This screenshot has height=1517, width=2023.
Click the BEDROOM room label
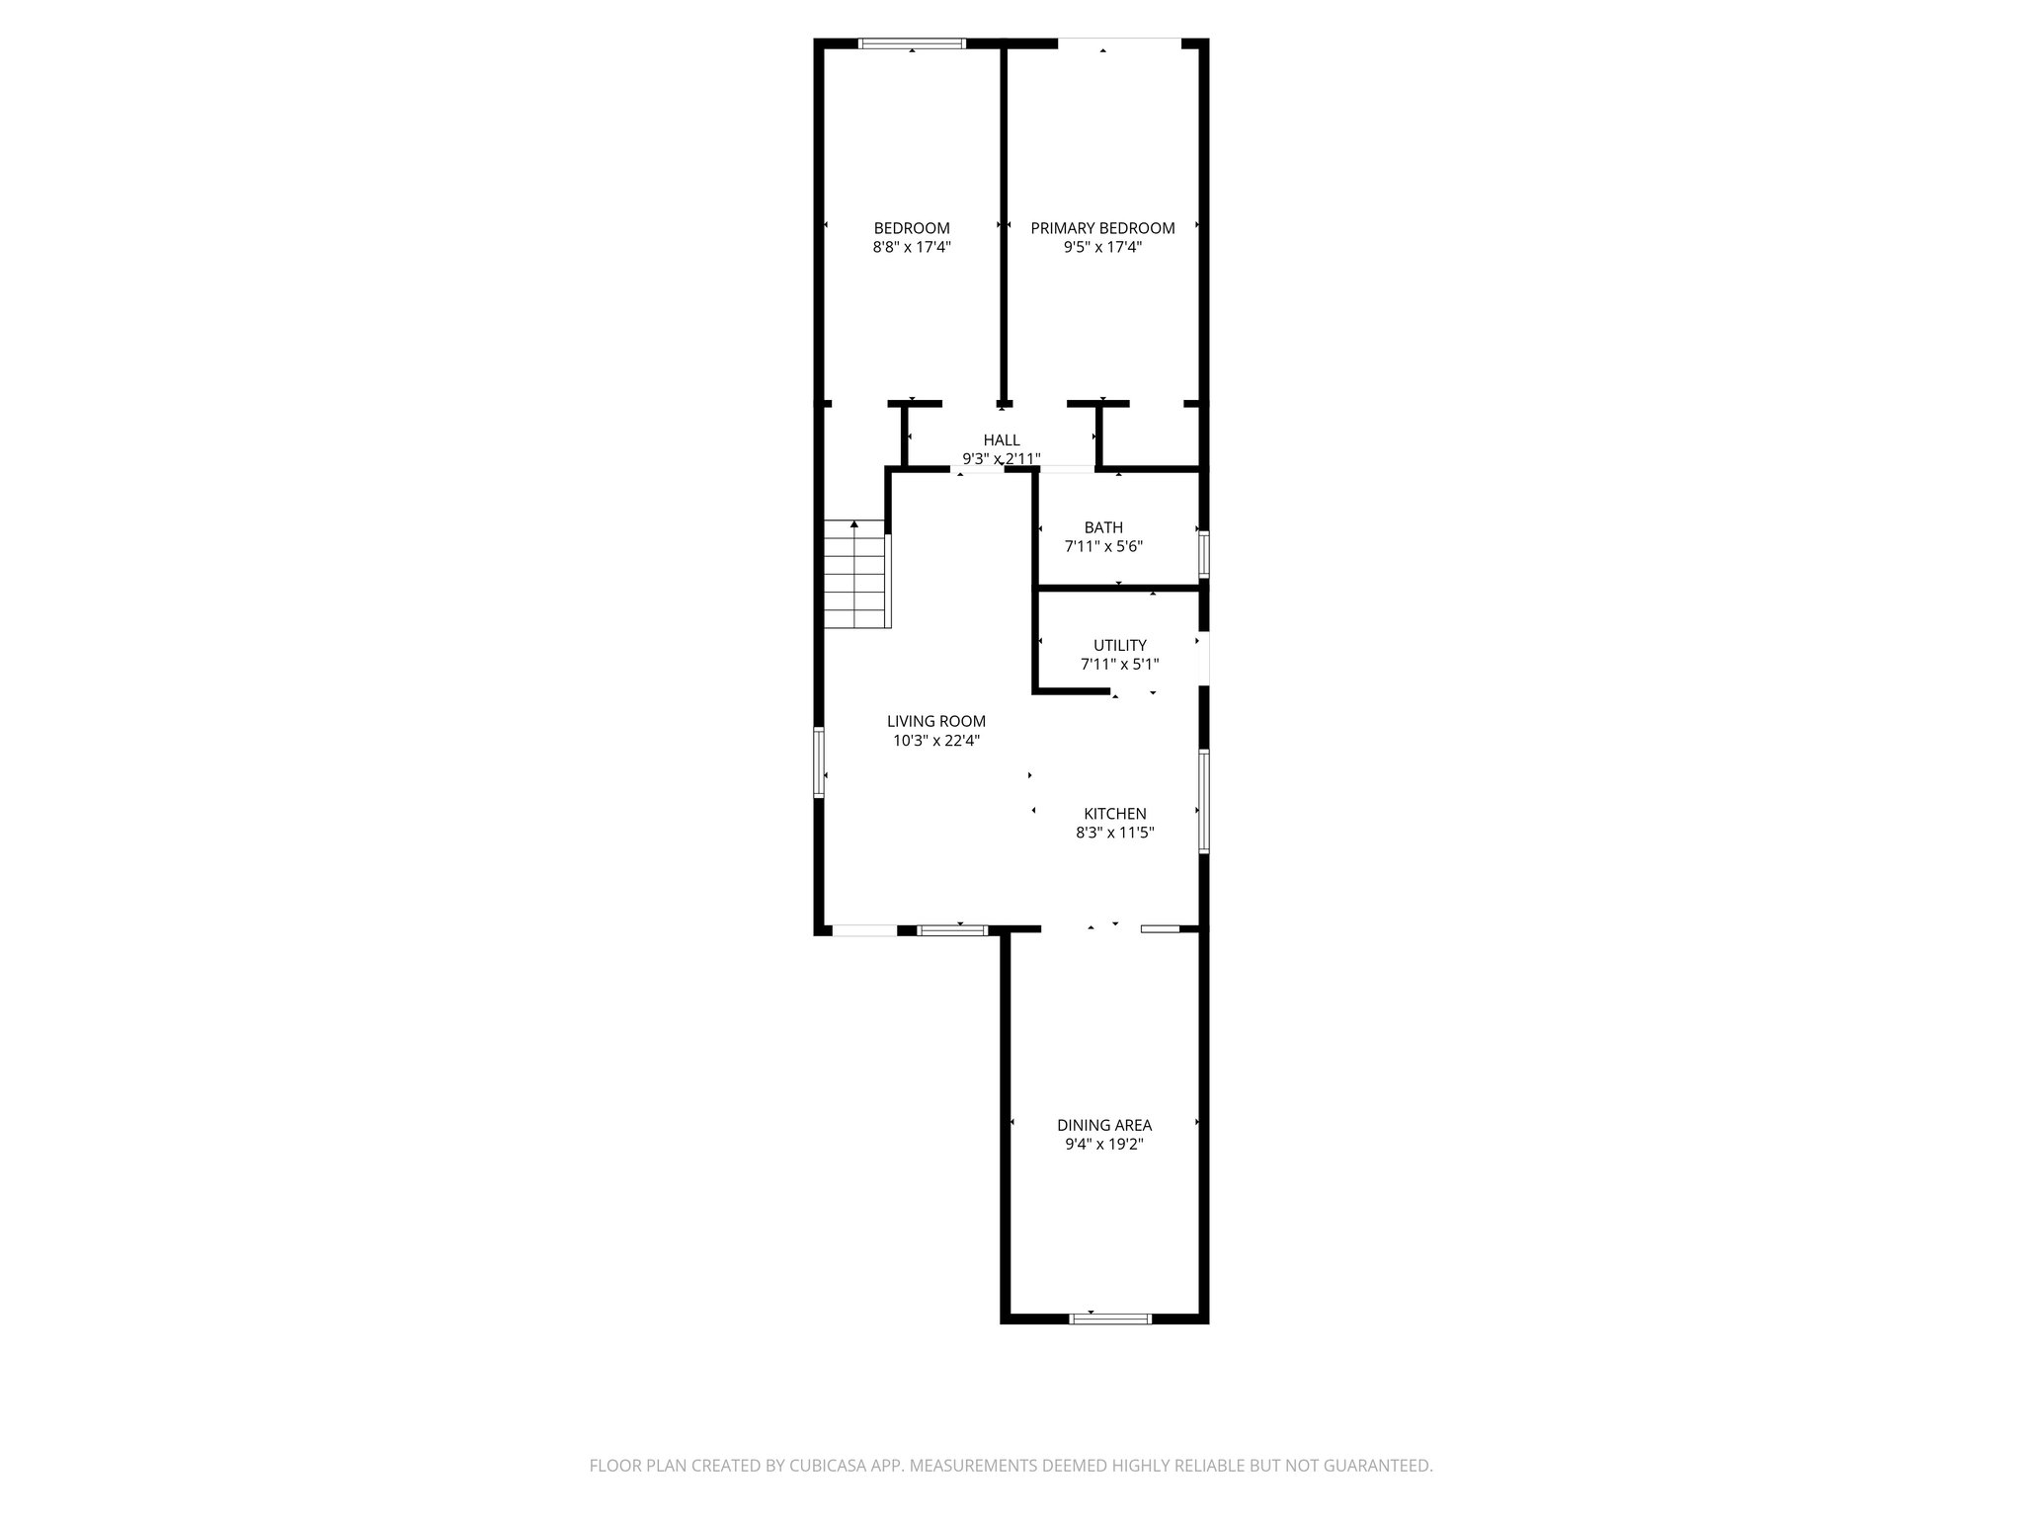[x=911, y=228]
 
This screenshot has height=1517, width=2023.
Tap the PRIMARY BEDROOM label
[x=1102, y=228]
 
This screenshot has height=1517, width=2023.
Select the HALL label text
[x=1001, y=439]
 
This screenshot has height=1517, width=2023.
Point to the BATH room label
[x=1103, y=527]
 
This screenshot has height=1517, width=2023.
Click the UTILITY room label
[x=1119, y=646]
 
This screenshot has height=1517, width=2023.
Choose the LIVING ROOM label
[x=935, y=721]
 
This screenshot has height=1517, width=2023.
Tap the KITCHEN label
[x=1115, y=814]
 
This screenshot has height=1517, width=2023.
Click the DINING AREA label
[x=1104, y=1125]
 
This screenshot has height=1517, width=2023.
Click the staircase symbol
[x=856, y=574]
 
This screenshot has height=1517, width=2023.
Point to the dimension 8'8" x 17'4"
[x=911, y=248]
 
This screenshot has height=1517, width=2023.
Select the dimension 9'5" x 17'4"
[x=1102, y=248]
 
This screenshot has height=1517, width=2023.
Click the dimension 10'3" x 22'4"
[x=935, y=741]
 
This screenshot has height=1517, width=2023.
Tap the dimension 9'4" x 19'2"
[x=1104, y=1145]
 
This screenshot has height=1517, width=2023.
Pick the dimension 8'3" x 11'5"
[x=1115, y=833]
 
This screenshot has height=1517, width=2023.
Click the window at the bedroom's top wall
[x=911, y=43]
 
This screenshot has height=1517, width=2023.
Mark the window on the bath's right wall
[x=1203, y=554]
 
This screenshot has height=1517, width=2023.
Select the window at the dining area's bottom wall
[x=1111, y=1317]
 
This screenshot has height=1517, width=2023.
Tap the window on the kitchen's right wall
[x=1203, y=800]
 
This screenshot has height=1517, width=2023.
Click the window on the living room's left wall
[x=819, y=761]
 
